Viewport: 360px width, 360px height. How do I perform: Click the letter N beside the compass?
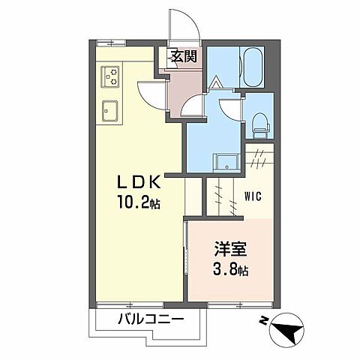click(264, 321)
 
